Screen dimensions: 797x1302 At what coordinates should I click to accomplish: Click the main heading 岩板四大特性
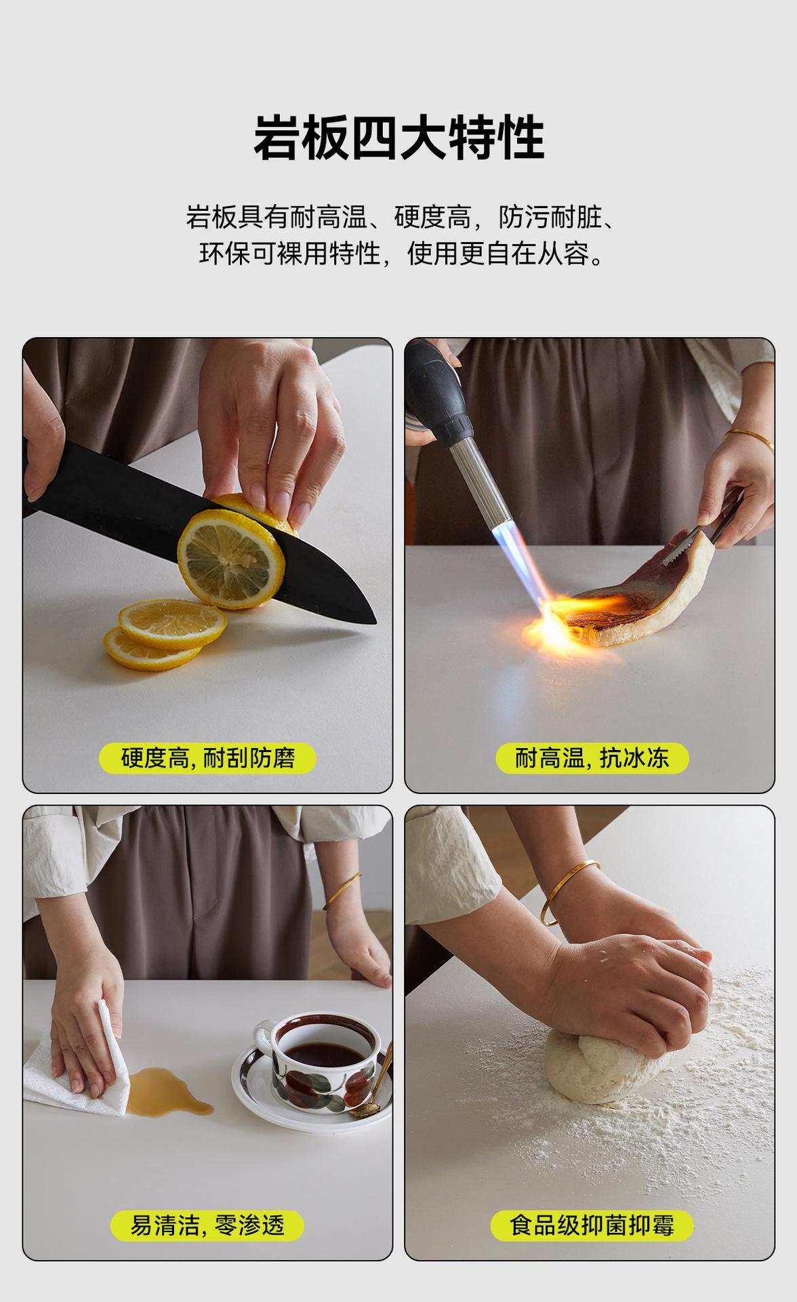[x=398, y=137]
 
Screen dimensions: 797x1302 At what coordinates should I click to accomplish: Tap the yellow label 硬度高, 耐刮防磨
[x=208, y=757]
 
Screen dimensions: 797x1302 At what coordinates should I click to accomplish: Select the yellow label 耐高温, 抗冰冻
[x=592, y=757]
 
